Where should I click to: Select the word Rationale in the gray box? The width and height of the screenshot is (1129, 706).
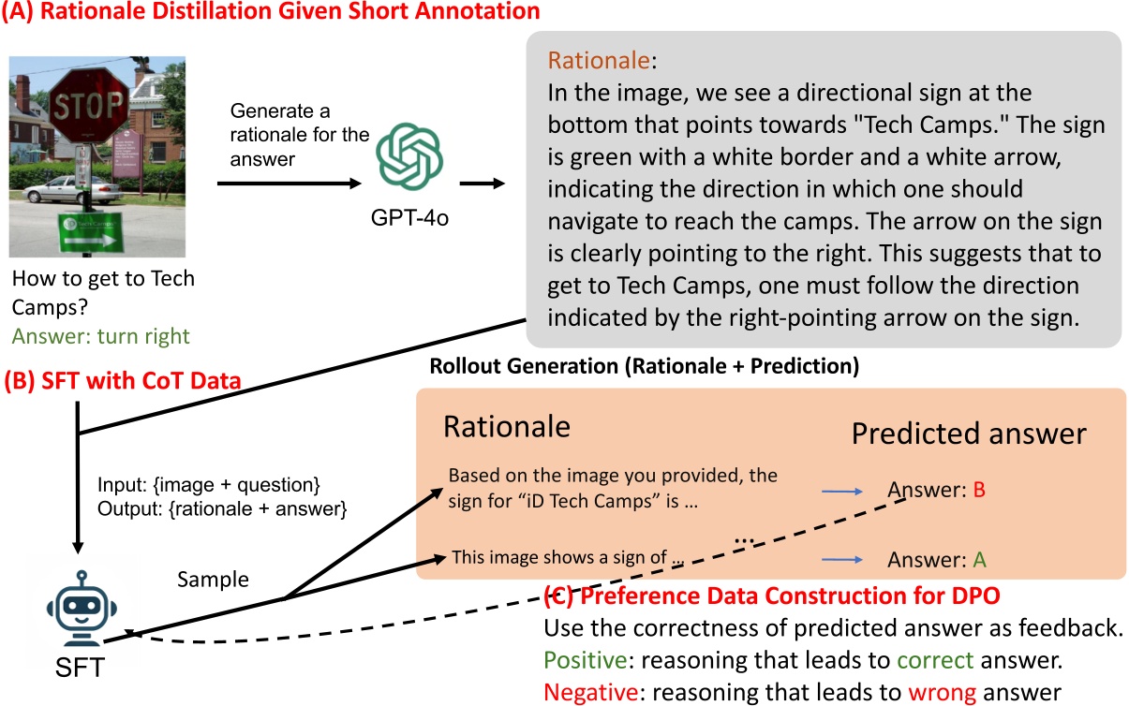(598, 61)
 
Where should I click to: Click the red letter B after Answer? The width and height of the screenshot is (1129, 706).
(979, 489)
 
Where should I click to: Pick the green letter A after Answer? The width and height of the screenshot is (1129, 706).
(979, 560)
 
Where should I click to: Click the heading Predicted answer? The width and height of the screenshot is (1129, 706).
(969, 434)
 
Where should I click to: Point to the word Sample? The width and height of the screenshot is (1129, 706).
(214, 580)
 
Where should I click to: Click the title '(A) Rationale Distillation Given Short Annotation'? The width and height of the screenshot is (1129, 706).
(272, 12)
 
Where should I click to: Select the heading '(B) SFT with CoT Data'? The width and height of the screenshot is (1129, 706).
(123, 382)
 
